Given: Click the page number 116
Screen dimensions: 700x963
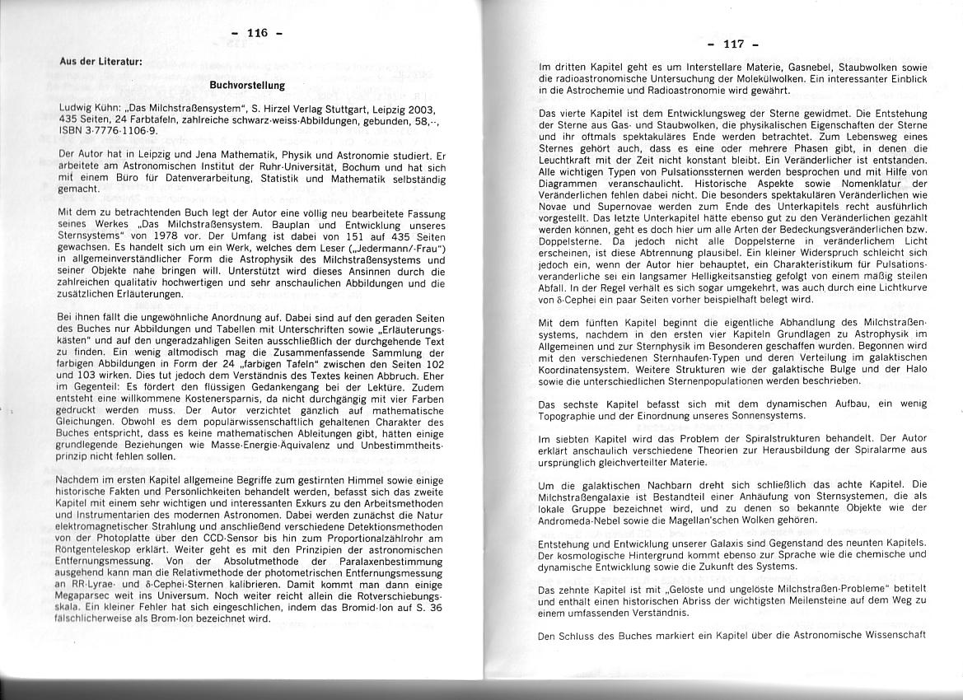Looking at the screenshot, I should [257, 34].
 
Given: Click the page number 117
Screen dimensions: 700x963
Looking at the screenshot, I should [732, 44].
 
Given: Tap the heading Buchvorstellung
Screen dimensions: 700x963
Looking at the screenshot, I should [247, 85].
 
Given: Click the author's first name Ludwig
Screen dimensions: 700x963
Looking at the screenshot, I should [75, 109].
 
